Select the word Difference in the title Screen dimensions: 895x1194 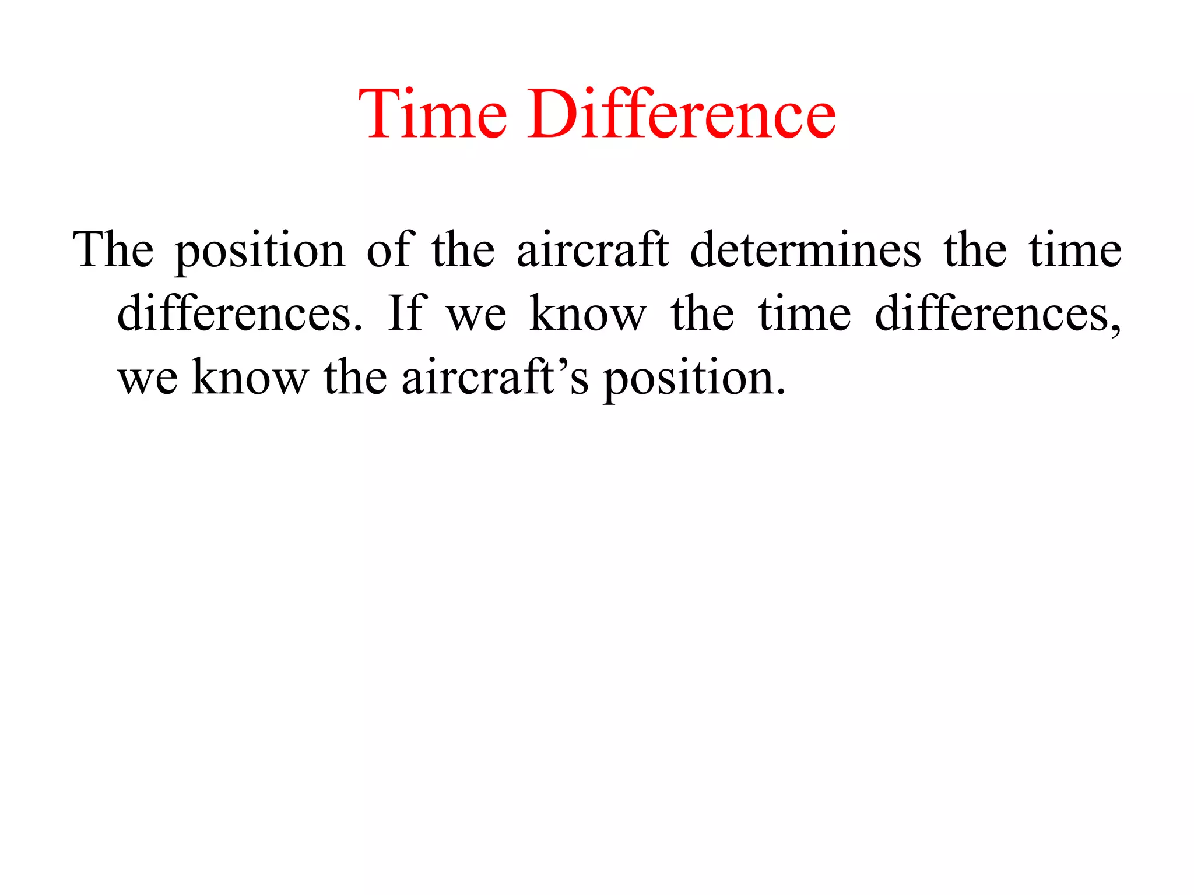pyautogui.click(x=682, y=114)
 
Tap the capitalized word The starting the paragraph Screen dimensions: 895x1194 pyautogui.click(x=114, y=250)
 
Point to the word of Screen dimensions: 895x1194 pyautogui.click(x=391, y=250)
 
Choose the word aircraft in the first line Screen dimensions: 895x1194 pyautogui.click(x=592, y=250)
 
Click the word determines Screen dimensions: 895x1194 pyautogui.click(x=805, y=250)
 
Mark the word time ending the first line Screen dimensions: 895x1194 pyautogui.click(x=1074, y=250)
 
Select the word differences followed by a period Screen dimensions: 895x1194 pyautogui.click(x=239, y=314)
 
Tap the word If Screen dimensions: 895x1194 pyautogui.click(x=407, y=314)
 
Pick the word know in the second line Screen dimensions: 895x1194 pyautogui.click(x=588, y=314)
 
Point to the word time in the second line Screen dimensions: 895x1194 pyautogui.click(x=805, y=314)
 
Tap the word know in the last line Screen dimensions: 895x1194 pyautogui.click(x=250, y=378)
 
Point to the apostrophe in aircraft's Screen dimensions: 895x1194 pyautogui.click(x=561, y=363)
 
